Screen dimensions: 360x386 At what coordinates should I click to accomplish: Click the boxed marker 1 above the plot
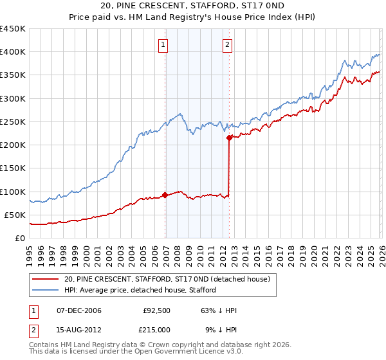tap(164, 44)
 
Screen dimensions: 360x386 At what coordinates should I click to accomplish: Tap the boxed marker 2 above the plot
tap(228, 44)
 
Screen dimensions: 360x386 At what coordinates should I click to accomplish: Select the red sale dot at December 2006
tap(165, 195)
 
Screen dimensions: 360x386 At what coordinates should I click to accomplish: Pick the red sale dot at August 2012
tap(229, 138)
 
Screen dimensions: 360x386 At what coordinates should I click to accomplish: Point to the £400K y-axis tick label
tap(13, 52)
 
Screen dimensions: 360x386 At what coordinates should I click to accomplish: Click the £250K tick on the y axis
tap(13, 122)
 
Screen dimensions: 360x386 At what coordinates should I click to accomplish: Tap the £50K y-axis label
tap(15, 215)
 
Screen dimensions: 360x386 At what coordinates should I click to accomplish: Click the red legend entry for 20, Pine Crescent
tap(170, 278)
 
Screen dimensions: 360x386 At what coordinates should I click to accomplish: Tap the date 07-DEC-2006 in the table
tap(79, 310)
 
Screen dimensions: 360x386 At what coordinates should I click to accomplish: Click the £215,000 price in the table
tap(156, 329)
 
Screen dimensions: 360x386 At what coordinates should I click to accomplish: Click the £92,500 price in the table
tap(156, 310)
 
